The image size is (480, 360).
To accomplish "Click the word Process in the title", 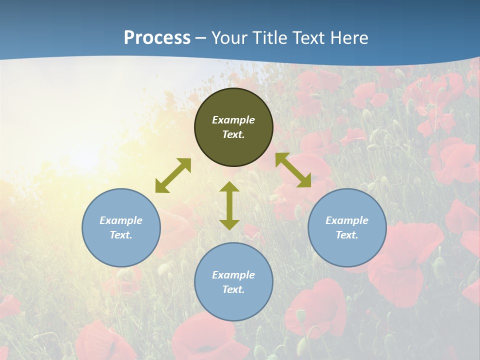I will (157, 38).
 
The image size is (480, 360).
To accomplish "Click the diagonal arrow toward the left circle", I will (173, 175).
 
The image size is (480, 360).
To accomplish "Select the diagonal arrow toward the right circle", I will (293, 170).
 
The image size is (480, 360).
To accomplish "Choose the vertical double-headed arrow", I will (229, 205).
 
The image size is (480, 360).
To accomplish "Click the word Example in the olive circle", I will (233, 120).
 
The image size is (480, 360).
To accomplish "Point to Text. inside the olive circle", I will (233, 134).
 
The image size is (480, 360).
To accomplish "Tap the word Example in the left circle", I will (121, 220).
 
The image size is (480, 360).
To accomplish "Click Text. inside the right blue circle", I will (347, 235).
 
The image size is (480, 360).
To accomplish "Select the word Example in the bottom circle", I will (233, 275).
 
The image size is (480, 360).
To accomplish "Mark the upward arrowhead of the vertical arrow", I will (229, 187).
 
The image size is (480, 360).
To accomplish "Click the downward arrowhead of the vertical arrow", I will (229, 224).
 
